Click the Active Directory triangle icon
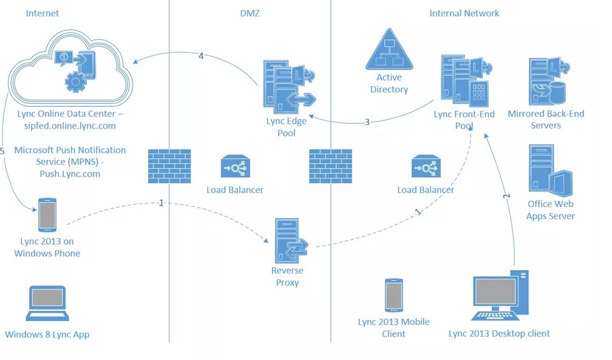[389, 51]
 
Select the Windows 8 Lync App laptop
[47, 304]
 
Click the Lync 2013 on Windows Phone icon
[47, 214]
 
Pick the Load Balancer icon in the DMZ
[234, 168]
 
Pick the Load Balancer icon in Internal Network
[425, 168]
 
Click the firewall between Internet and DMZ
[169, 166]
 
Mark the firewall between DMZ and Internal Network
[330, 166]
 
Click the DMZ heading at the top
[249, 13]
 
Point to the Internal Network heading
[464, 13]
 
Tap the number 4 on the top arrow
[201, 56]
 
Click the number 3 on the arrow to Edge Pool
[367, 122]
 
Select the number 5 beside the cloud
[3, 150]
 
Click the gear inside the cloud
[75, 80]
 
